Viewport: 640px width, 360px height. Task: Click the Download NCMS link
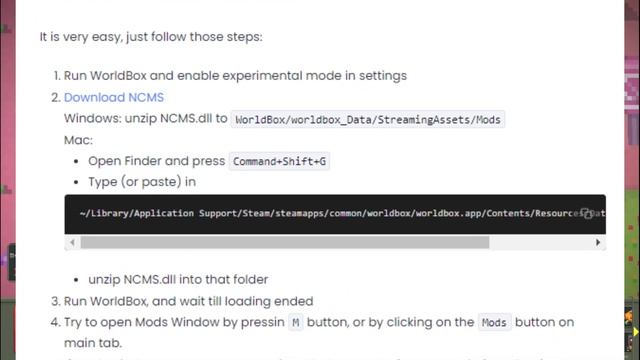(x=113, y=97)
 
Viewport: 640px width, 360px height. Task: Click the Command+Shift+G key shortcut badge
(x=279, y=161)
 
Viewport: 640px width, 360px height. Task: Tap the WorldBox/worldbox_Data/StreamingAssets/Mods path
(x=368, y=119)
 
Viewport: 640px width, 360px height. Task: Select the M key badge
(x=295, y=322)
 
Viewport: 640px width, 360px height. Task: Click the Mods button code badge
(x=494, y=322)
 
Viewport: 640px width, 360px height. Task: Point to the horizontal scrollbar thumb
(x=284, y=242)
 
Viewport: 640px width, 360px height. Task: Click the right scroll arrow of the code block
(x=598, y=242)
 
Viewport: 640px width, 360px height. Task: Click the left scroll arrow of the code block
(x=71, y=242)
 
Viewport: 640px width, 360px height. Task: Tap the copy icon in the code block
(x=587, y=213)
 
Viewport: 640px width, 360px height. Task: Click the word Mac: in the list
(x=78, y=140)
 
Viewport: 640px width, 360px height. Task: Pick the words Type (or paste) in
(x=142, y=182)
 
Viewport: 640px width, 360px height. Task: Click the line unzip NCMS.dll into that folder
(x=178, y=280)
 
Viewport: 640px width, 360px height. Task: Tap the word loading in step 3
(x=261, y=301)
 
